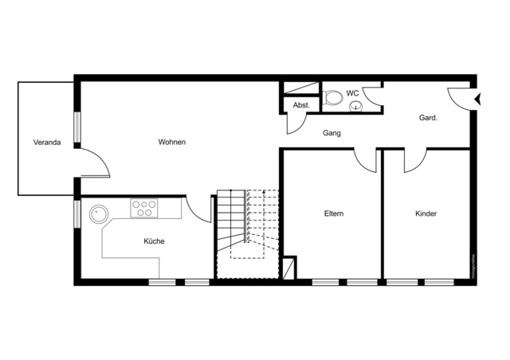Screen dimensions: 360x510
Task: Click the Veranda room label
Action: coord(47,143)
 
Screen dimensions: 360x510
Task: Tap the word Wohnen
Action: coord(172,143)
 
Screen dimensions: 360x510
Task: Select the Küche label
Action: coord(154,241)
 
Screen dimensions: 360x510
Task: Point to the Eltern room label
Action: coord(334,213)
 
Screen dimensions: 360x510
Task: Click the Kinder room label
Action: coord(426,213)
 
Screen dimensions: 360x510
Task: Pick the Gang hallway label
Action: coord(331,133)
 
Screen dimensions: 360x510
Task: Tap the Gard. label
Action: coord(429,118)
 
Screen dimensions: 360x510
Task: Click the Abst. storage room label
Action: coord(301,105)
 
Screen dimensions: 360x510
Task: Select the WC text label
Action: coord(352,93)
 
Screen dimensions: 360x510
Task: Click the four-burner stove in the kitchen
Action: coord(144,208)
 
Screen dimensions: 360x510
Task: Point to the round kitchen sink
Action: coord(99,213)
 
